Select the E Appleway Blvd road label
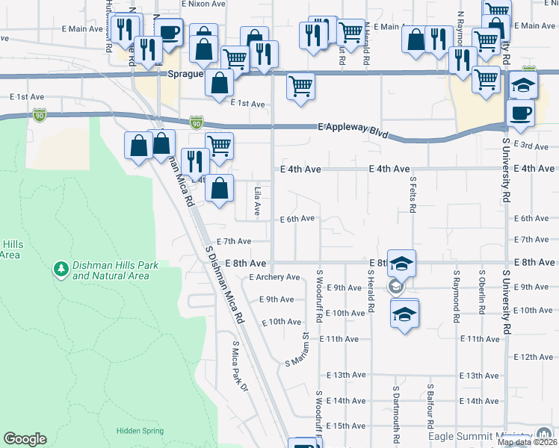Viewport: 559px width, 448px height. (353, 129)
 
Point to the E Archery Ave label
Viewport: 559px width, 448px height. (274, 277)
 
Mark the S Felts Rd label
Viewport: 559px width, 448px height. (413, 193)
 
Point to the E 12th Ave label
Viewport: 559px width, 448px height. (533, 358)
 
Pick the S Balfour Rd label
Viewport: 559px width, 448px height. (431, 404)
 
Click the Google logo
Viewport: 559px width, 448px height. (25, 438)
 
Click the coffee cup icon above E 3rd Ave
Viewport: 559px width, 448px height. (520, 113)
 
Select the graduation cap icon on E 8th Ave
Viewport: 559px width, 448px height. (401, 264)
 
